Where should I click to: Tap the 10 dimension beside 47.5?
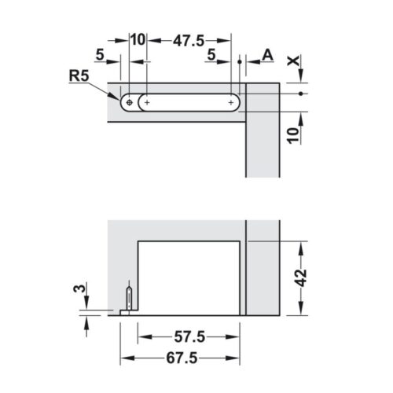(x=137, y=39)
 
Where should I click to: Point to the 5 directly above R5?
(x=100, y=54)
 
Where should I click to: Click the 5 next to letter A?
(x=212, y=54)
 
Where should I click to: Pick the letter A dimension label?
(x=267, y=54)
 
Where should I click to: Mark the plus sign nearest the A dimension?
(x=232, y=102)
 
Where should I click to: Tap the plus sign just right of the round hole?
(x=146, y=102)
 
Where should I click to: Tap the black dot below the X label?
(x=302, y=94)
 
